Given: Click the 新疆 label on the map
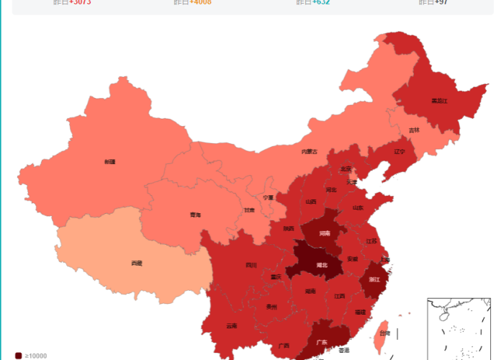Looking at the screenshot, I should tap(109, 162).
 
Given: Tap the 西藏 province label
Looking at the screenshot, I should tap(137, 264).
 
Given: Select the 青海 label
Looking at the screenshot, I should tap(195, 215).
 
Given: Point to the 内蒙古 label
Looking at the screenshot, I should tap(309, 151).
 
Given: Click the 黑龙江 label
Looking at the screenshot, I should tap(439, 100).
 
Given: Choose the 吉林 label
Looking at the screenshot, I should tap(414, 130).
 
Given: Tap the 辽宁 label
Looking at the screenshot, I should tap(400, 152).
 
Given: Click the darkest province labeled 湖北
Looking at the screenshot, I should tap(322, 265).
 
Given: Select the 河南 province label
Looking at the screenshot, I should tap(325, 233).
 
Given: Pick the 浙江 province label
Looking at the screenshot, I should tap(374, 279).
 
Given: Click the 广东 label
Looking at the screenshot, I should tap(322, 342).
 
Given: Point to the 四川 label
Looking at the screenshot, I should tap(251, 265).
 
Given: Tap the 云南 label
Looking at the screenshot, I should tap(231, 325).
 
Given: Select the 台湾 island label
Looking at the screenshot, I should tap(385, 333).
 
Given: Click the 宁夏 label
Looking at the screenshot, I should tap(268, 197).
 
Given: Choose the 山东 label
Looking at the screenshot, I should tap(358, 207).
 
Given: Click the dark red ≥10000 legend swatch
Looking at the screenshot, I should tap(19, 356).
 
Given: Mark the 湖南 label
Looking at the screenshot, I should tap(310, 292).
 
